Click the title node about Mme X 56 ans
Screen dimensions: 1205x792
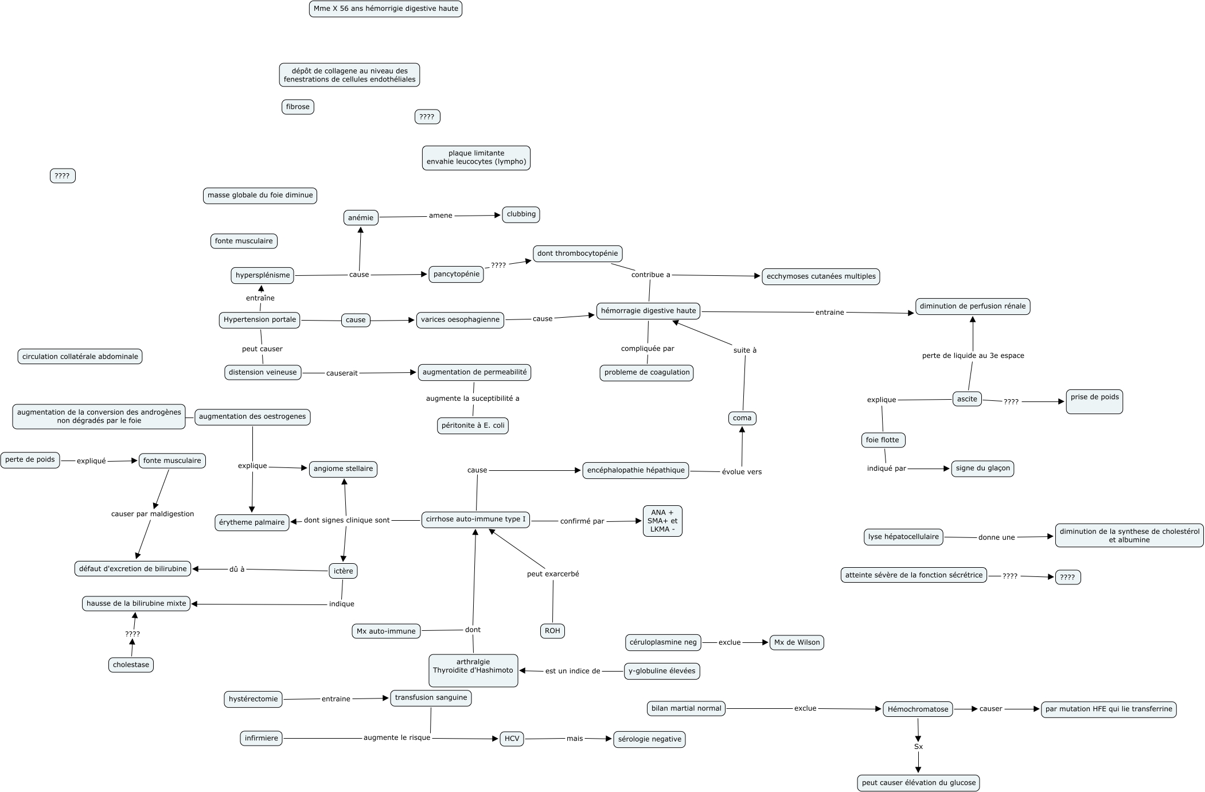click(x=385, y=9)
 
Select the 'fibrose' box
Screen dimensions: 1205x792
click(x=298, y=107)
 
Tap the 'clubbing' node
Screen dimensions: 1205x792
click(x=521, y=214)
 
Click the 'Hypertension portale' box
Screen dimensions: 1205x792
click(x=260, y=320)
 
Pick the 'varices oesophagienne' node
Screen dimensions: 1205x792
click(x=460, y=320)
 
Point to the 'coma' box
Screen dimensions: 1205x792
click(x=742, y=418)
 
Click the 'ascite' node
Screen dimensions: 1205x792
click(x=967, y=399)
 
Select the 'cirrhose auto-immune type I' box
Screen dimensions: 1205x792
click(x=475, y=520)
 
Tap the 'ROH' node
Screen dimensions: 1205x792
click(x=552, y=631)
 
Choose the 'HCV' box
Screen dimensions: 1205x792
click(x=512, y=739)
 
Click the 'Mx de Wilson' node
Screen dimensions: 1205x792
click(x=797, y=642)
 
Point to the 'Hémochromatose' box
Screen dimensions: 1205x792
click(x=918, y=709)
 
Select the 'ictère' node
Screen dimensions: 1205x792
click(x=344, y=571)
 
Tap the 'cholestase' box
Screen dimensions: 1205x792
click(x=131, y=665)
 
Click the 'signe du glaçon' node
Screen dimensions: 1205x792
click(x=983, y=469)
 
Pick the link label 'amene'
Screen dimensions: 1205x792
click(x=440, y=216)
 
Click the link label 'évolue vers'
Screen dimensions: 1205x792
click(x=742, y=472)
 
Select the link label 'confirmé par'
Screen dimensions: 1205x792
click(x=582, y=521)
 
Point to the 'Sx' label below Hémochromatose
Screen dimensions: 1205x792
click(x=918, y=747)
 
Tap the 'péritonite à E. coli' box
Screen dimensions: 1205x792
click(x=473, y=426)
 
